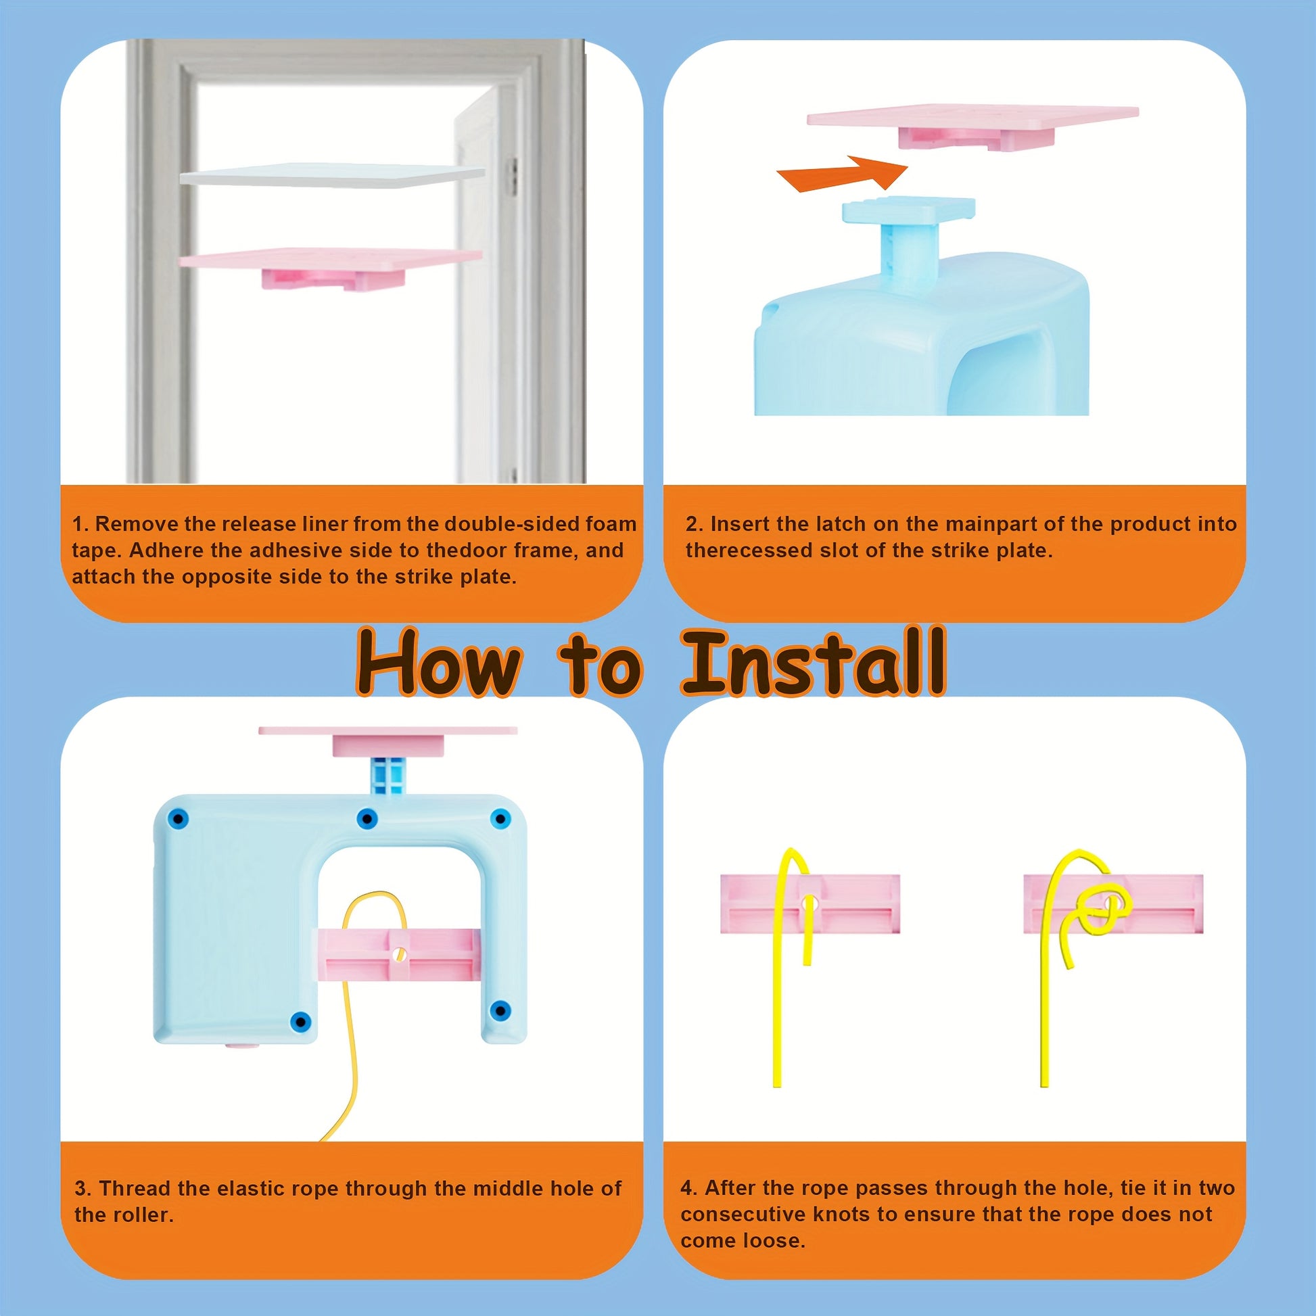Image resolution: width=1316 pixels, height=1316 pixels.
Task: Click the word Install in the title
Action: point(814,661)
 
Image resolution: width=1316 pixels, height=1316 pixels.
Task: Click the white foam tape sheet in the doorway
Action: point(333,175)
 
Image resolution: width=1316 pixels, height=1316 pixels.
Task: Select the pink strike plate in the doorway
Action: point(331,266)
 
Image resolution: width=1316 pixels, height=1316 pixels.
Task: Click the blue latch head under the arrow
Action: point(909,210)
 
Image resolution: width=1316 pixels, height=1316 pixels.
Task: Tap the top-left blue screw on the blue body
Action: point(178,819)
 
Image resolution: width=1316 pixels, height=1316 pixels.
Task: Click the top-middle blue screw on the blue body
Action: point(367,818)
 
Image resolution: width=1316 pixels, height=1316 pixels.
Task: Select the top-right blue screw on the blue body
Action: point(500,818)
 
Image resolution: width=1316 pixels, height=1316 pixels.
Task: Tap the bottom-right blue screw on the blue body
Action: point(500,1010)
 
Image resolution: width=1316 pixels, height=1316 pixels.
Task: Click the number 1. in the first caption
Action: point(80,524)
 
